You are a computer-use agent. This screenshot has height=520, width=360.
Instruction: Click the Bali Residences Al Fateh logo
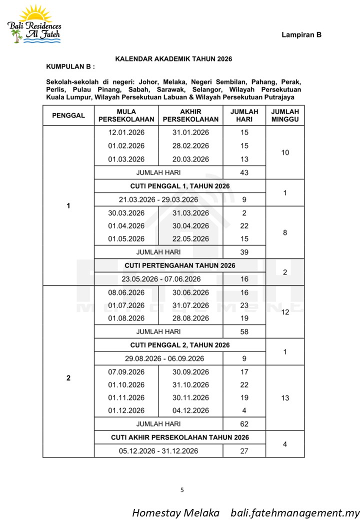[x=34, y=24]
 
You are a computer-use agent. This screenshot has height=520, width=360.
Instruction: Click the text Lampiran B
[x=301, y=34]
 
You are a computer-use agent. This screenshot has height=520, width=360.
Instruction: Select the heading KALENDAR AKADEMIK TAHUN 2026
[x=173, y=59]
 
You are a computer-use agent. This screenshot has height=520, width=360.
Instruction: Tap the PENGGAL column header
[x=68, y=115]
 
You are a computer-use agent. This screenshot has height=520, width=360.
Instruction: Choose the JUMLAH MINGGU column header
[x=284, y=115]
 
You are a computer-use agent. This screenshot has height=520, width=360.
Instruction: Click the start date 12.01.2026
[x=126, y=132]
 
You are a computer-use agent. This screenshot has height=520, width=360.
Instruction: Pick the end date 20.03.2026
[x=190, y=159]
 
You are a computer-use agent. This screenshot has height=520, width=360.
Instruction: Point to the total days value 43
[x=244, y=172]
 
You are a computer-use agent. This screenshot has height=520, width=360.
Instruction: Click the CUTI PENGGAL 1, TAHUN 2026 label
[x=180, y=186]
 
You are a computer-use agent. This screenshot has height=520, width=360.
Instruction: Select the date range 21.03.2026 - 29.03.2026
[x=158, y=199]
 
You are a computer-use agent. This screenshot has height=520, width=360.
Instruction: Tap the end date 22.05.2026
[x=190, y=238]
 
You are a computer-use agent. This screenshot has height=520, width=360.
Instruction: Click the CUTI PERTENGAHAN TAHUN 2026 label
[x=180, y=265]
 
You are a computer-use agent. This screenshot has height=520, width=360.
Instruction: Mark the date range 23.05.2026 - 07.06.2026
[x=158, y=279]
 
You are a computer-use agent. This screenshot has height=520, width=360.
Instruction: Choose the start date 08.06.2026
[x=126, y=292]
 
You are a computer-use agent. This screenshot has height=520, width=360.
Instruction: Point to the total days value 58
[x=244, y=331]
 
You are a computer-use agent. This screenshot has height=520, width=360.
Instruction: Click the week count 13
[x=284, y=398]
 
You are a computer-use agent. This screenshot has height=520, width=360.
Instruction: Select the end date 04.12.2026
[x=190, y=410]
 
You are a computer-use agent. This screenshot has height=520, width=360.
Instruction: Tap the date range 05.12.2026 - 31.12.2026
[x=158, y=450]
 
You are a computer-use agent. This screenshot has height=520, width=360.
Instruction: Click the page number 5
[x=182, y=490]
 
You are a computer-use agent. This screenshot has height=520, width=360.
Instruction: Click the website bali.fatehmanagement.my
[x=295, y=513]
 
